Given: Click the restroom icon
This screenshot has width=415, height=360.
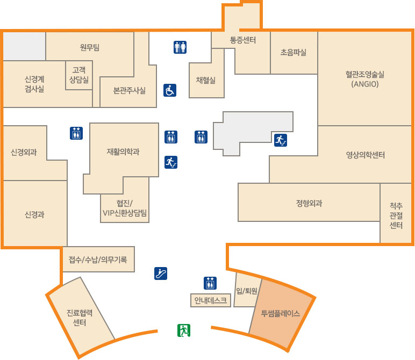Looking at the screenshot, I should [x=180, y=47].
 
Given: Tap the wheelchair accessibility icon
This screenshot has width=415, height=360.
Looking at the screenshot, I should [x=170, y=90].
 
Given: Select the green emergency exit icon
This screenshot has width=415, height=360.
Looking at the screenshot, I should [x=184, y=330].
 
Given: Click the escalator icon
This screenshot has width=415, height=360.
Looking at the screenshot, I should [x=161, y=273].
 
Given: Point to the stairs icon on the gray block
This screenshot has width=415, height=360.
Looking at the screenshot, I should [x=280, y=140].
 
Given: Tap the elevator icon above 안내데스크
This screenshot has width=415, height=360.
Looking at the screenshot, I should [x=210, y=283].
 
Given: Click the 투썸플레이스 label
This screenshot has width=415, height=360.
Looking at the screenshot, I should [x=280, y=313].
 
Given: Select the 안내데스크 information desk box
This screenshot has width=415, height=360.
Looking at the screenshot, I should [x=211, y=300].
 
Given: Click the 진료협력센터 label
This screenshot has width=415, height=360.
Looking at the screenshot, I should [x=80, y=318].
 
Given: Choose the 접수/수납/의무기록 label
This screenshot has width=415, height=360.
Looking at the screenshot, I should [x=98, y=260].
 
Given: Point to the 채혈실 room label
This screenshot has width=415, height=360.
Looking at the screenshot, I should [x=206, y=80].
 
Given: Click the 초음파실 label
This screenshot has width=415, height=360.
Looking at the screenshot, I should [x=294, y=52].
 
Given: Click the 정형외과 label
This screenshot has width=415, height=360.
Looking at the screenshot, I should [x=309, y=203].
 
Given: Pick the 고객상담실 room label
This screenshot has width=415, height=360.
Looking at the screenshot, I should [x=79, y=74].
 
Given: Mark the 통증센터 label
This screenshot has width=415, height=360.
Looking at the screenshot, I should [x=242, y=40].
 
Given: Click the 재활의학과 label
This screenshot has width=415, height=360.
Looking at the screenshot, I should [x=123, y=152].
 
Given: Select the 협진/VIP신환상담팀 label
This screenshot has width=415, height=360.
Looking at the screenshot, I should [x=125, y=207].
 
